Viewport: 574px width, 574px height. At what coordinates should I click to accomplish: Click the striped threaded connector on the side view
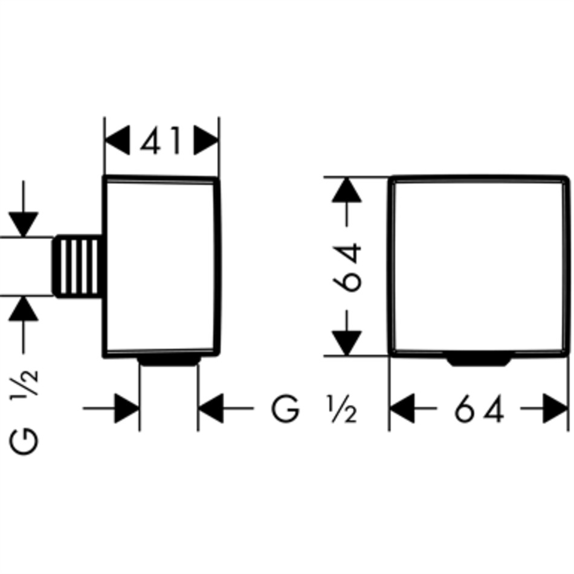tap(79, 266)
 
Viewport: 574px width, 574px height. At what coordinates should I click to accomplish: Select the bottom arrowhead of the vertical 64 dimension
tap(347, 342)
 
